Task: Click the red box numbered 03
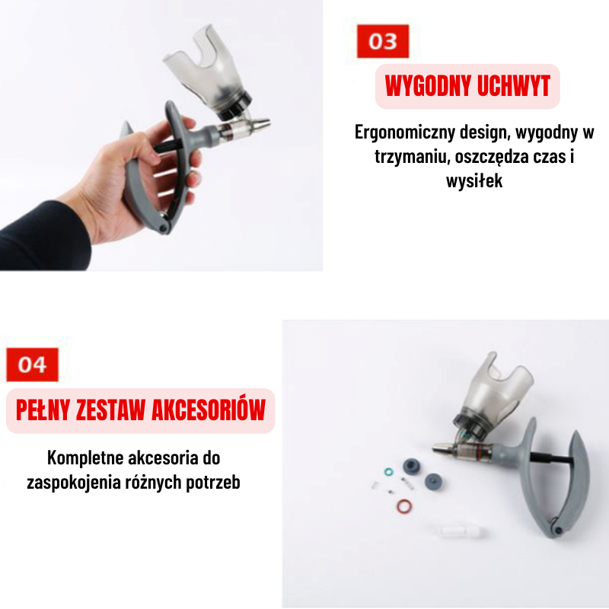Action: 383,41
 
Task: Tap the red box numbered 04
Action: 32,365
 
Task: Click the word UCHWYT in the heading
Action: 514,87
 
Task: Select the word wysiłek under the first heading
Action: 473,182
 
